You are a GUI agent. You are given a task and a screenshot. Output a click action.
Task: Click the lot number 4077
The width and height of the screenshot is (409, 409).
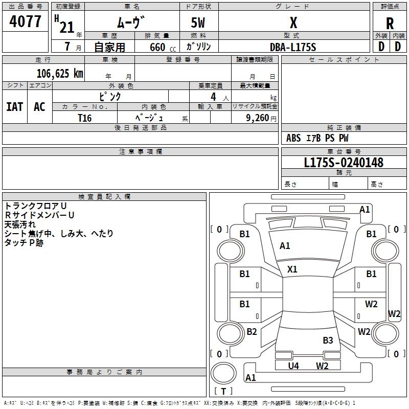pyautogui.click(x=26, y=21)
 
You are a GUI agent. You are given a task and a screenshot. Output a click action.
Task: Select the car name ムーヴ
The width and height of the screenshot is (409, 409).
pyautogui.click(x=131, y=22)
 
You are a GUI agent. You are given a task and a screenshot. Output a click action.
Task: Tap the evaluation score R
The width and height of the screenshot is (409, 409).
pyautogui.click(x=390, y=23)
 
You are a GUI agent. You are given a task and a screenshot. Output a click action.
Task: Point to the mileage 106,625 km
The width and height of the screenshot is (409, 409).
pyautogui.click(x=60, y=73)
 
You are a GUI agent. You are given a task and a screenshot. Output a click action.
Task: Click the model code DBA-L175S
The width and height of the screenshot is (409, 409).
pyautogui.click(x=293, y=47)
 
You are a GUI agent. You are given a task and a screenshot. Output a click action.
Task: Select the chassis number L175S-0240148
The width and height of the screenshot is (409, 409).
pyautogui.click(x=344, y=163)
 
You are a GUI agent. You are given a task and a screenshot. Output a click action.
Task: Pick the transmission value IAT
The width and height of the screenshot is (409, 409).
pyautogui.click(x=14, y=107)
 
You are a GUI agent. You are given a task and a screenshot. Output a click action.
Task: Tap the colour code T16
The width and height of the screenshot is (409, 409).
pyautogui.click(x=85, y=118)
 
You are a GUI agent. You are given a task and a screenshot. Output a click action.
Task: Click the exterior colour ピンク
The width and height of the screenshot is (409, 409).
pyautogui.click(x=110, y=96)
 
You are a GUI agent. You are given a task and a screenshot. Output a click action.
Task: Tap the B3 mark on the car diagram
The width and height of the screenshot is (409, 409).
pyautogui.click(x=328, y=340)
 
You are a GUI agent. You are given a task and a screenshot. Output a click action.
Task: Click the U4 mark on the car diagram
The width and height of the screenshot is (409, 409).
pyautogui.click(x=293, y=366)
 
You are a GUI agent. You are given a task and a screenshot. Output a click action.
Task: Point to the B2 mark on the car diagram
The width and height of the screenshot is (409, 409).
pyautogui.click(x=252, y=332)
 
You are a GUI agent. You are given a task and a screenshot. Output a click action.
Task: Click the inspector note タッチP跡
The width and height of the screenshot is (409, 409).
pyautogui.click(x=24, y=243)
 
